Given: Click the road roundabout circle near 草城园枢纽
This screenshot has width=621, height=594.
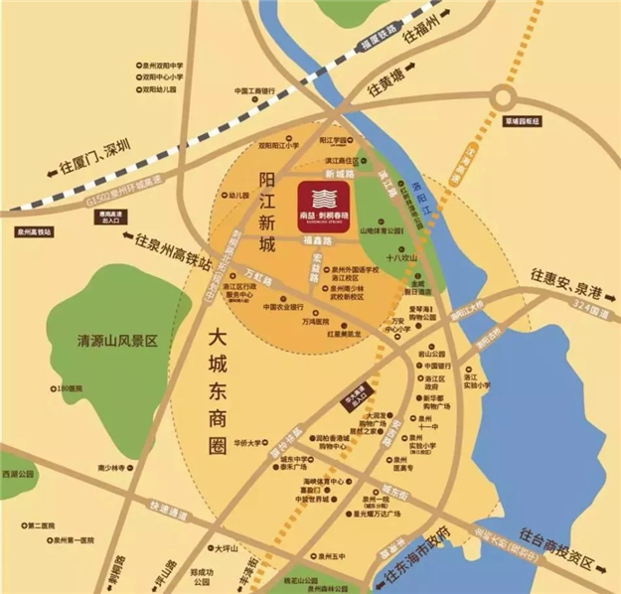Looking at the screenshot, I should click(x=516, y=96).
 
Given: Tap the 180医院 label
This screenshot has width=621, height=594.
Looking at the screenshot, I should click(x=72, y=388).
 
